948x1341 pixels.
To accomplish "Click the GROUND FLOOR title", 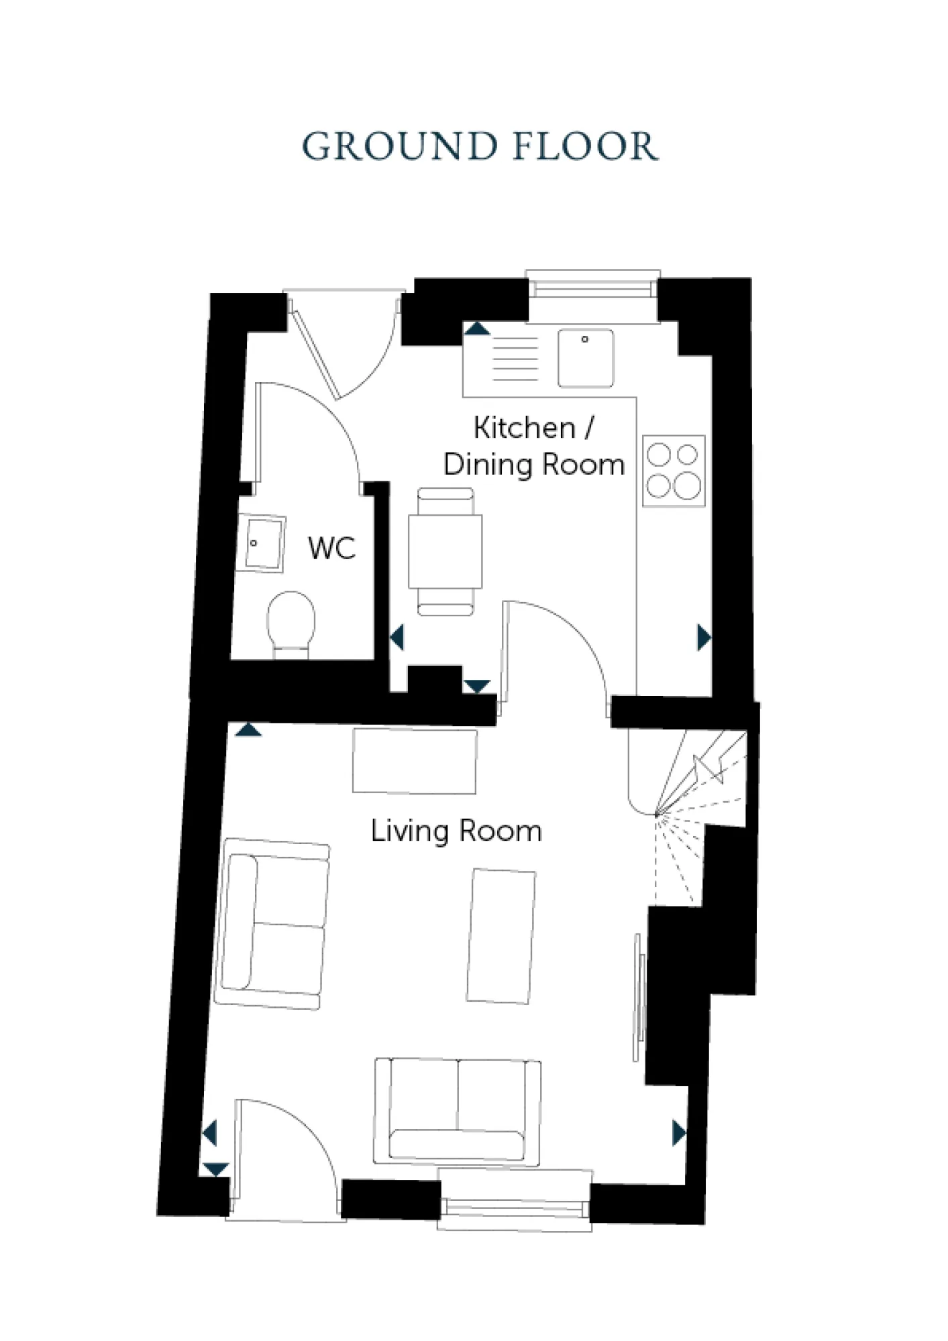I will click(x=480, y=146).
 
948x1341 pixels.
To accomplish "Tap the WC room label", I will click(x=331, y=548).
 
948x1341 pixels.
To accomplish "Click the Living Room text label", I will click(x=456, y=831).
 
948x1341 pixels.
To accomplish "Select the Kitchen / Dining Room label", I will click(x=533, y=446).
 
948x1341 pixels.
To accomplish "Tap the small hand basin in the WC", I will click(x=263, y=543).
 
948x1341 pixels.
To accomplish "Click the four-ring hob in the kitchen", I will click(x=674, y=471).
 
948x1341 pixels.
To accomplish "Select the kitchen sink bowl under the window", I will click(x=585, y=358).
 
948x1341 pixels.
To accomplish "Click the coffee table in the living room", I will click(x=501, y=936).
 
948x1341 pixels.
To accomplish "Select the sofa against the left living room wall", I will click(x=272, y=923).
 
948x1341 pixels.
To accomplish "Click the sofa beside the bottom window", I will click(x=457, y=1111).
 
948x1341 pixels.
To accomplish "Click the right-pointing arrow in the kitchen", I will click(x=703, y=637).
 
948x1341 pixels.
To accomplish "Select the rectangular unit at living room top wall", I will click(x=415, y=761).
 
